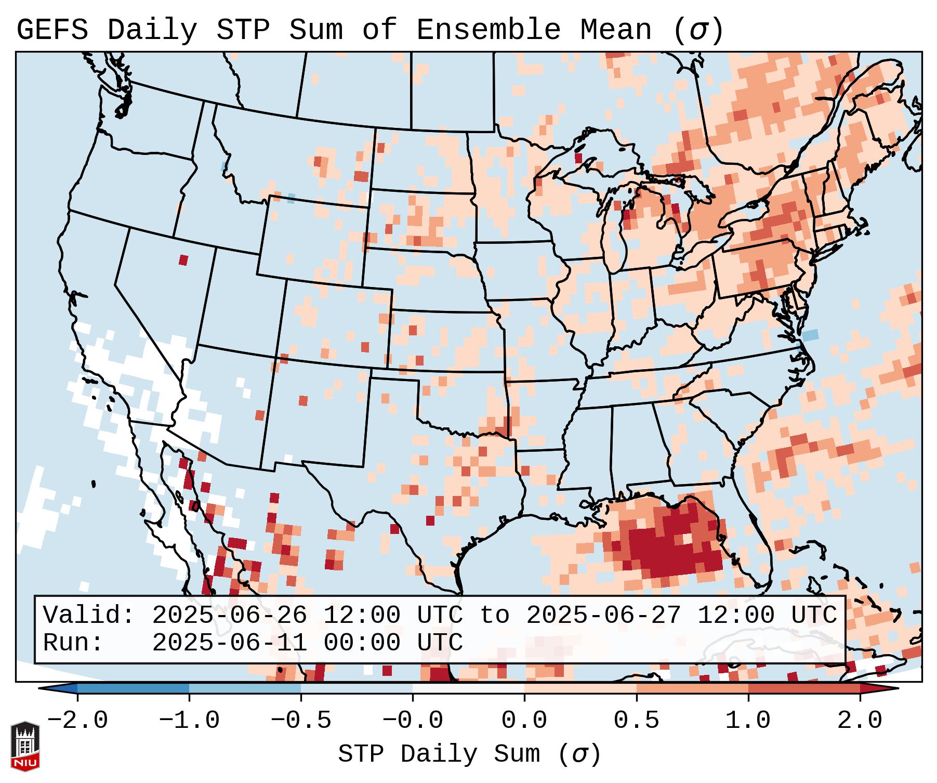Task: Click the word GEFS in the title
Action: coord(52,30)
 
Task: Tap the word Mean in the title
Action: coord(616,30)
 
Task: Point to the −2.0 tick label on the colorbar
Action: coord(77,721)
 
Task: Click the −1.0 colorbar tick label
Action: coord(189,721)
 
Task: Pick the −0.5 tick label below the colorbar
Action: coord(301,721)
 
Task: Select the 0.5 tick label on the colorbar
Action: coord(636,721)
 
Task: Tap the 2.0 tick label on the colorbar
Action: coord(860,721)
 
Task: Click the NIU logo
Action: coord(25,747)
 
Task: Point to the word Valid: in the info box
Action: coord(89,615)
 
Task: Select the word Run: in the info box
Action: coord(73,643)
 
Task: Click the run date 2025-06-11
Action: coord(230,643)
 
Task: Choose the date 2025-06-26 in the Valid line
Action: coord(230,615)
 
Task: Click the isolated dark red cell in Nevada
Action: coord(183,260)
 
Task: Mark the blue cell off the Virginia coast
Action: coord(810,335)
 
